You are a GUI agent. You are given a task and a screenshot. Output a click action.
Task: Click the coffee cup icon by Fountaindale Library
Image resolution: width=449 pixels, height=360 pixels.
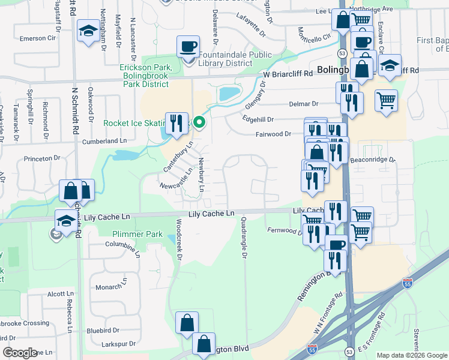click(188, 47)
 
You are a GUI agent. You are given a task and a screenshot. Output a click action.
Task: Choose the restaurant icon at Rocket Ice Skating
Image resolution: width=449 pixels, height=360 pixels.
click(176, 124)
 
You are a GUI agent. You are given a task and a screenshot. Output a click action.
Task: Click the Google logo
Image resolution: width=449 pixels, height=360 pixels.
click(20, 353)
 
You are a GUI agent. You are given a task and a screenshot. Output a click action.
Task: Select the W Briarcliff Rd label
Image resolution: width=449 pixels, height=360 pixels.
click(288, 74)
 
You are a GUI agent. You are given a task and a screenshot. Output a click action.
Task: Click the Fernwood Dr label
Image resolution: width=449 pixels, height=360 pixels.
click(285, 230)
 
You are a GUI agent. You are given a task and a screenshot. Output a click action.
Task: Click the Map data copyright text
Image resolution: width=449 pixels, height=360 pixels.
click(411, 355)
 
